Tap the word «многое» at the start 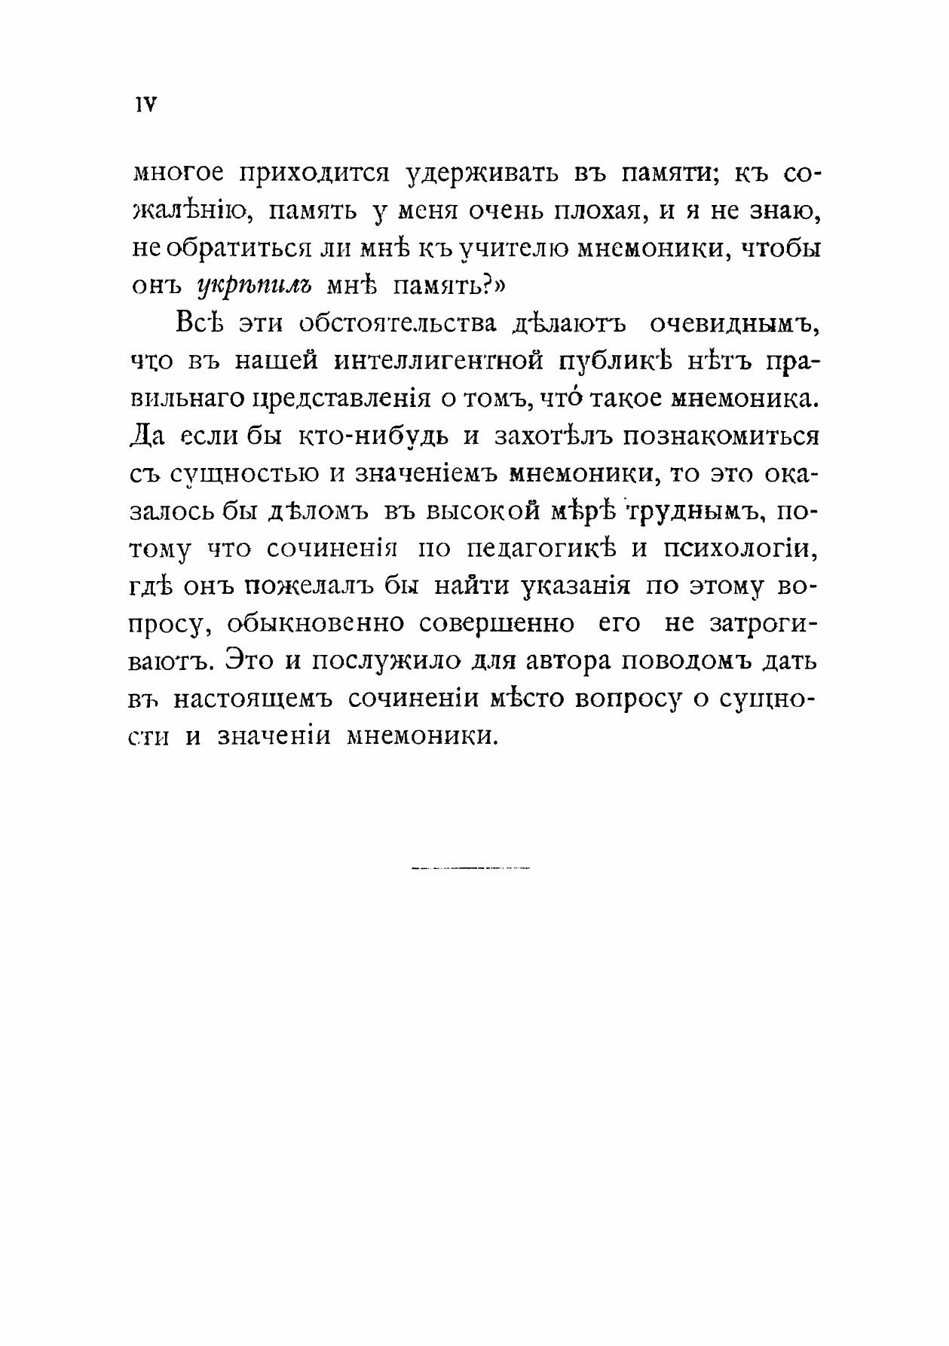[178, 175]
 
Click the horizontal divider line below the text [471, 869]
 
